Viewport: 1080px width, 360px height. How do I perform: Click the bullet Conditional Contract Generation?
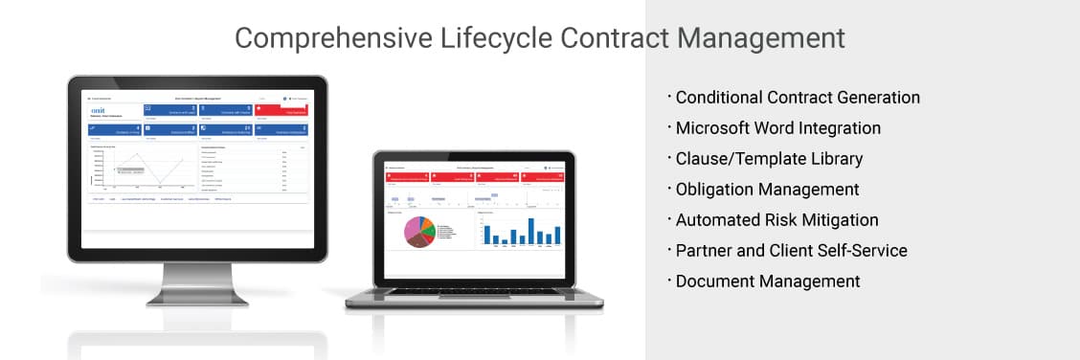[x=798, y=98]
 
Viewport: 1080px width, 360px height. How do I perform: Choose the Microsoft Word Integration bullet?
[x=777, y=128]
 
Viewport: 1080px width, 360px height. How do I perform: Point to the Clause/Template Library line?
[x=769, y=159]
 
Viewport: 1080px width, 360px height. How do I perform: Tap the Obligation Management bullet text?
[x=767, y=190]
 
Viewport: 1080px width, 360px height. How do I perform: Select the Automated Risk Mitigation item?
[x=776, y=220]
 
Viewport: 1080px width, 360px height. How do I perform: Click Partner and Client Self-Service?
[x=791, y=251]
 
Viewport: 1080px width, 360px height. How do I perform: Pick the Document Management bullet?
[x=768, y=281]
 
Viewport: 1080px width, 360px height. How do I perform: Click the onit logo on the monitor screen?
[x=96, y=111]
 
